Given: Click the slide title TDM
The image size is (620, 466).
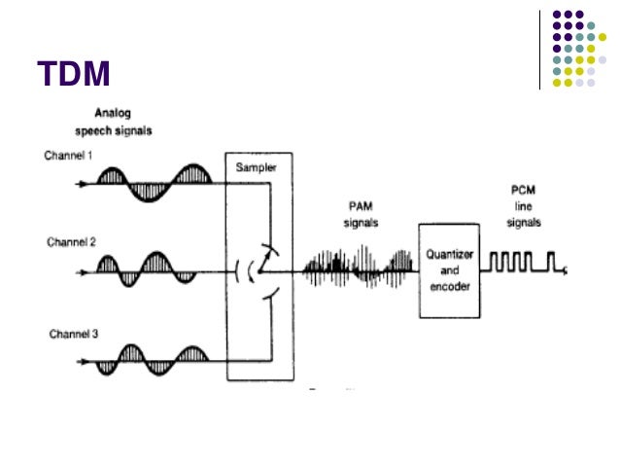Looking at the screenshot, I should click(x=74, y=75).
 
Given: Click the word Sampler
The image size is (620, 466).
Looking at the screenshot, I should click(x=256, y=167).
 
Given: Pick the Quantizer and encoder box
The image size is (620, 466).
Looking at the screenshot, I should click(x=448, y=269).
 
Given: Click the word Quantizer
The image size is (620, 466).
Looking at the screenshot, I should click(x=448, y=255).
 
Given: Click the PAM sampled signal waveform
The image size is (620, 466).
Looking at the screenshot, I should click(x=360, y=266).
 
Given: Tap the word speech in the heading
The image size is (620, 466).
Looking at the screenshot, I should click(x=104, y=129).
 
